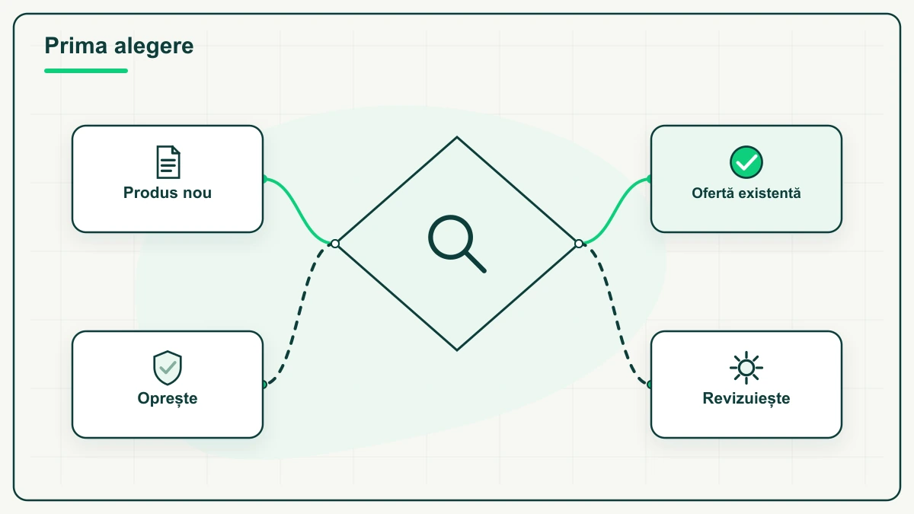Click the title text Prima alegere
click(x=119, y=46)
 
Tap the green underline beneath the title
click(x=86, y=71)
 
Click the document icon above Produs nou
click(x=168, y=162)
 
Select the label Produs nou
click(x=168, y=193)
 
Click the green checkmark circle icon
click(x=746, y=162)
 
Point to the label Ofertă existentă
click(x=746, y=193)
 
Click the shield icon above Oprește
click(x=168, y=368)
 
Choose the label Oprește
click(x=168, y=398)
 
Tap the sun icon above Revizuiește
click(x=746, y=368)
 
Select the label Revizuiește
click(x=746, y=398)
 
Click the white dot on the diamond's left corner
click(x=335, y=244)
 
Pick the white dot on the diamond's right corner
click(x=579, y=244)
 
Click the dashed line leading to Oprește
click(x=299, y=314)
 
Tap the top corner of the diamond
click(x=457, y=137)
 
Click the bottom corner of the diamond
click(x=457, y=350)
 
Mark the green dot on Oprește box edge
click(x=264, y=385)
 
